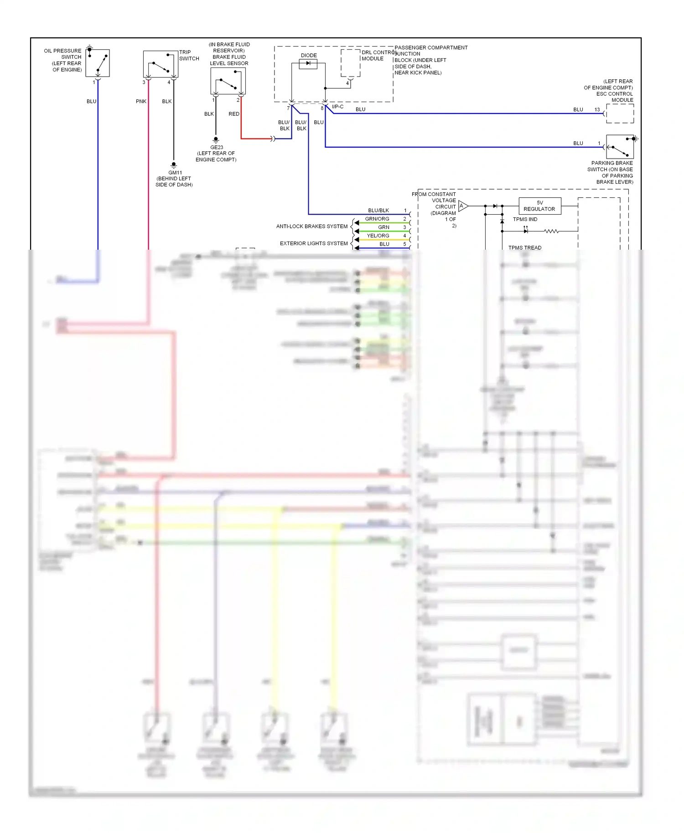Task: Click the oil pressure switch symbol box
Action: (98, 63)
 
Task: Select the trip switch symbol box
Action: (161, 64)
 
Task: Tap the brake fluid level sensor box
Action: (228, 81)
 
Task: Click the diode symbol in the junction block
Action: (308, 63)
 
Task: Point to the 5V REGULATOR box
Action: (539, 206)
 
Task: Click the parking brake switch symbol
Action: (620, 147)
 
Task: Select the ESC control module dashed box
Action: (620, 113)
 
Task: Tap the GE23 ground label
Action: (217, 148)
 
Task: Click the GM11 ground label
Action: (175, 173)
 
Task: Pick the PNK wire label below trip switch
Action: (141, 101)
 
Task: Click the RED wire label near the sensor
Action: (234, 114)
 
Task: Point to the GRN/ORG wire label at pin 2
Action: (377, 219)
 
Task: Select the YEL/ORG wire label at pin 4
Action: (378, 236)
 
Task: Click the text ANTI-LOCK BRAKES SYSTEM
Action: (312, 226)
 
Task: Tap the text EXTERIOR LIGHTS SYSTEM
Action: (314, 243)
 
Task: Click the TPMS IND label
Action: (525, 219)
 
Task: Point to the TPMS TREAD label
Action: (525, 248)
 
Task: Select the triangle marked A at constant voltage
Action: (462, 206)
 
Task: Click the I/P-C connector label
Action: (337, 107)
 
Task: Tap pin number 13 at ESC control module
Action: (597, 109)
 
